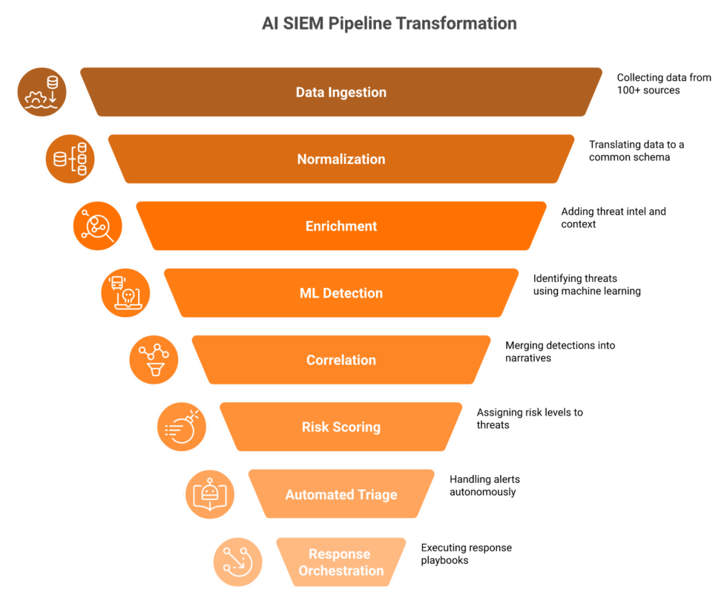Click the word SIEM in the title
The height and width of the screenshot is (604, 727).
tap(303, 23)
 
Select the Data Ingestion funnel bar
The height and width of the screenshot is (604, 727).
tap(341, 92)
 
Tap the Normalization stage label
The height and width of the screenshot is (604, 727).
tap(341, 159)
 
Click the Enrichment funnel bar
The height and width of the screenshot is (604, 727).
tap(341, 226)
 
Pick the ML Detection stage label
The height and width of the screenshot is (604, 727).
tap(341, 293)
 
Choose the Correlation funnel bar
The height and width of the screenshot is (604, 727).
tap(341, 360)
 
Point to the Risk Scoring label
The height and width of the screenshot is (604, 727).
tap(341, 427)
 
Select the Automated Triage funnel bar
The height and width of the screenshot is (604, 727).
tap(341, 494)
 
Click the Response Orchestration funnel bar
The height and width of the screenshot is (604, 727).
tap(341, 562)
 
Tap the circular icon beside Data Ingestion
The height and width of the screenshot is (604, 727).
tap(42, 92)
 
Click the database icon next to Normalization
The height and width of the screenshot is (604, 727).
tap(70, 159)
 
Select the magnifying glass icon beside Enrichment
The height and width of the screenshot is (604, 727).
tap(98, 226)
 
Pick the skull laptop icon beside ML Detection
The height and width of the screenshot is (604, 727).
tap(125, 293)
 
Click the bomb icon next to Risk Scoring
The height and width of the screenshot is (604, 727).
tap(182, 427)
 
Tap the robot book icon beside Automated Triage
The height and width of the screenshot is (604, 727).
tap(210, 494)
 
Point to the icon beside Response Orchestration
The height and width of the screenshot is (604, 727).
tap(238, 562)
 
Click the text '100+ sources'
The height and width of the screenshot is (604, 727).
tap(648, 90)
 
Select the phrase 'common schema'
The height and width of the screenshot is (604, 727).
tap(629, 157)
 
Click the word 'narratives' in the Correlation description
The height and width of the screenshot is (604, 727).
tap(528, 358)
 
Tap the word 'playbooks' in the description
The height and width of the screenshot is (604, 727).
tap(444, 560)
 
